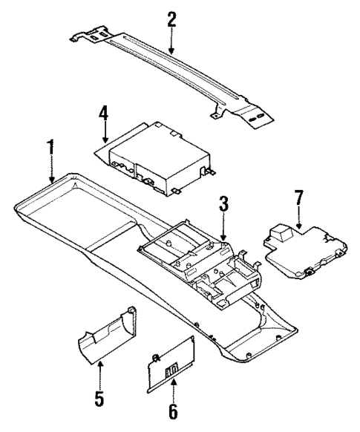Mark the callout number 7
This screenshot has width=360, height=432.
coord(298,199)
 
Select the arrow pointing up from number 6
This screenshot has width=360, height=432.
coord(174,382)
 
